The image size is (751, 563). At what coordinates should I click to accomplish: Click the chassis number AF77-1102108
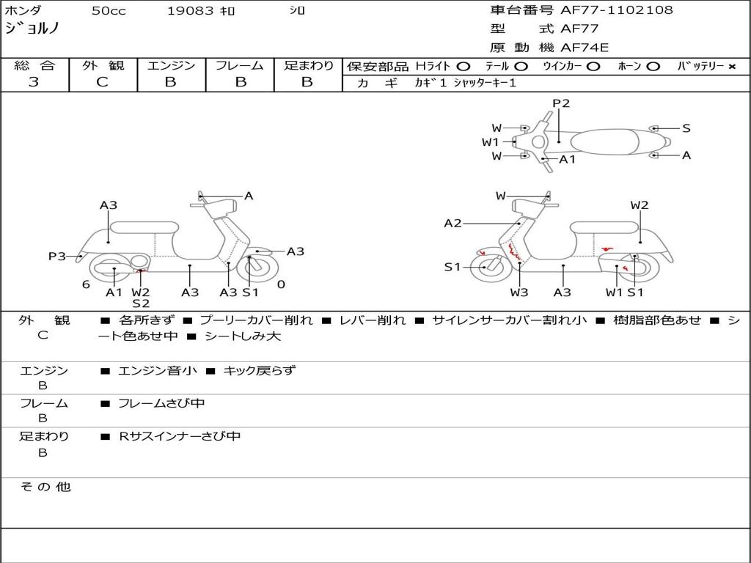616,10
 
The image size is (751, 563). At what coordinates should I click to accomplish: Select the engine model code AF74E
585,48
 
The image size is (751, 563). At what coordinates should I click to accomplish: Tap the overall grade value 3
34,82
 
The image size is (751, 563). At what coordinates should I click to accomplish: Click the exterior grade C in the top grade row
103,82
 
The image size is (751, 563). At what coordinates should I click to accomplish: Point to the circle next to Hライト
463,67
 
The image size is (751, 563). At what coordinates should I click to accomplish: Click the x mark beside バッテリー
731,67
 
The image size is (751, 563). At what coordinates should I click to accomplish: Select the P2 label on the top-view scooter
561,103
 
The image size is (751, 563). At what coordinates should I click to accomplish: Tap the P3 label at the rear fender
56,257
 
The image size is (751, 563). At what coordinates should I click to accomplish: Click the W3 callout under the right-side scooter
519,292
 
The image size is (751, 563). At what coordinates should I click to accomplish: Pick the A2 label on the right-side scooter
453,223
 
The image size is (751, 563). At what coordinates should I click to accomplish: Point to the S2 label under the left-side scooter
141,303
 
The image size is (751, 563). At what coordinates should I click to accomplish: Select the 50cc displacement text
109,10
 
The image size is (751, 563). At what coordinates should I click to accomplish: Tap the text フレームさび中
161,404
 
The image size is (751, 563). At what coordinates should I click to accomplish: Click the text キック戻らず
259,370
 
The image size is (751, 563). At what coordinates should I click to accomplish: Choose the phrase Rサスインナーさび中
180,436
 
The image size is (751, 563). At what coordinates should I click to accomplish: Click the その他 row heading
45,487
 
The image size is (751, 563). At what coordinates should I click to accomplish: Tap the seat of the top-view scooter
604,142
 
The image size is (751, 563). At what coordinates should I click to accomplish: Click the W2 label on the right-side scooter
640,205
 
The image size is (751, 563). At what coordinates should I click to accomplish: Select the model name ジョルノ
32,29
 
